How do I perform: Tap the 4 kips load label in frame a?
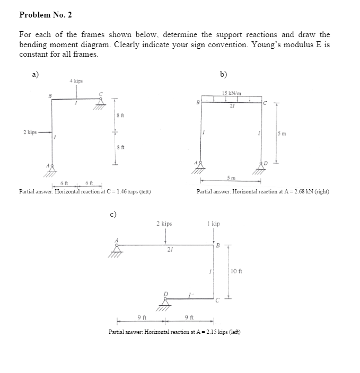point(76,81)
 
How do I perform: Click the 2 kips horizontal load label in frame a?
point(30,132)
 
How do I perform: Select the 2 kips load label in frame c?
point(164,224)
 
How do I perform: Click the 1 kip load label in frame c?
point(215,224)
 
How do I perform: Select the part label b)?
point(224,74)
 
